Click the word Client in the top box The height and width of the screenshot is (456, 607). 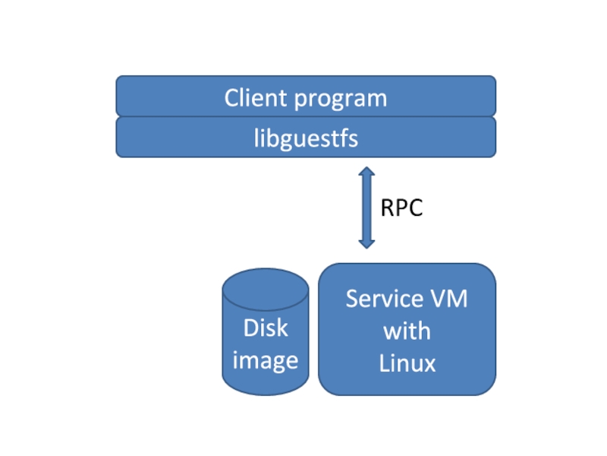coord(255,98)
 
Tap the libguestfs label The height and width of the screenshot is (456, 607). coord(306,139)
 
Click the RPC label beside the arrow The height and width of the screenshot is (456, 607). coord(401,207)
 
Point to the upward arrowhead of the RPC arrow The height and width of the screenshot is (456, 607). coord(367,173)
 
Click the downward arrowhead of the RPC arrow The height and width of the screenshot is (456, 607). coord(367,242)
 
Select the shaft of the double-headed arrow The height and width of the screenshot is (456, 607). coord(367,207)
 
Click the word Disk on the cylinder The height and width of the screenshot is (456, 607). coord(266,328)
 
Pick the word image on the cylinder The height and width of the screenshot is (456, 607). coord(265,359)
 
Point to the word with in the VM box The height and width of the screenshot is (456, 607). coord(407,331)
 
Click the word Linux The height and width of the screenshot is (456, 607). coord(407,363)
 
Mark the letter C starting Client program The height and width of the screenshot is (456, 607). coord(231,98)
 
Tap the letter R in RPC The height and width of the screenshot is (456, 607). coord(386,207)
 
